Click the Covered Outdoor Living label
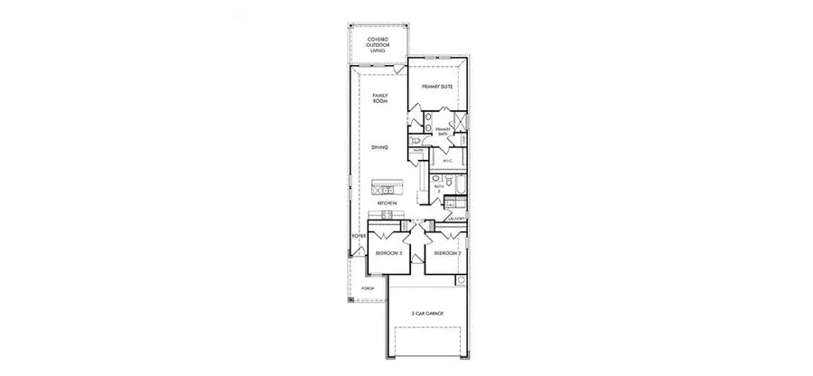pos(378,45)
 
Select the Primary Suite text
pos(436,87)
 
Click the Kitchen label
pos(388,204)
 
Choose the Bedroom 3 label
pos(389,254)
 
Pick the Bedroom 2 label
pos(447,254)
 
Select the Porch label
pos(368,288)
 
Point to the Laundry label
pos(455,218)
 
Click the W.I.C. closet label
pos(447,161)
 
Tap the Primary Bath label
pos(443,132)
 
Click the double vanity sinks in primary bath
pos(428,122)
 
